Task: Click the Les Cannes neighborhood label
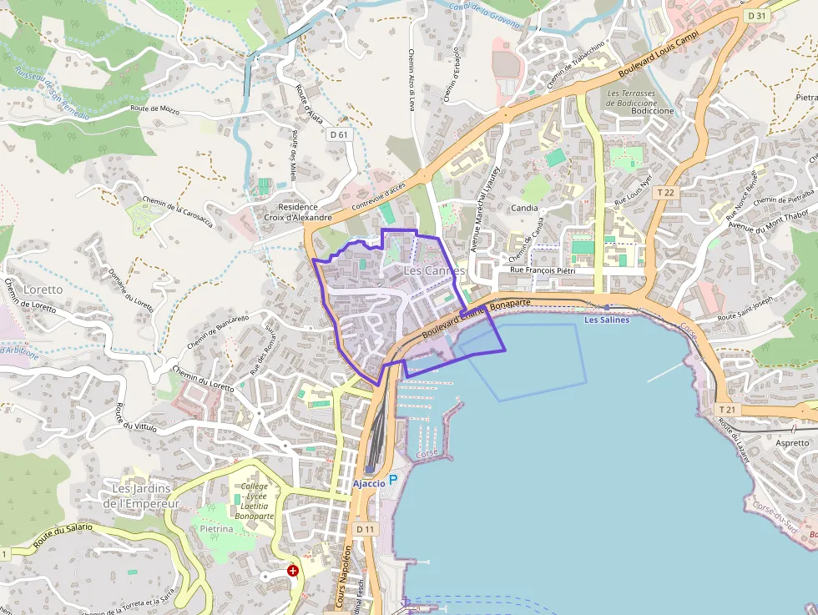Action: coord(434,271)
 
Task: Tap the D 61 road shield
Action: coord(338,134)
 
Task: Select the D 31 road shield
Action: coord(757,15)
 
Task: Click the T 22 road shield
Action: coord(665,192)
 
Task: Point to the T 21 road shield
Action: coord(726,410)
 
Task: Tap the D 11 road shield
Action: coord(366,529)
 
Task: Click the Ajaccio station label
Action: coord(369,484)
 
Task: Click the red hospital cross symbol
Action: coord(293,571)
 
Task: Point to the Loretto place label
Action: coord(43,290)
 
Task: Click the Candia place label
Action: coord(524,208)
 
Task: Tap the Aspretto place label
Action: coord(792,443)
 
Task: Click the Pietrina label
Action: coord(216,529)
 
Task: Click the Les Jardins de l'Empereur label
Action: coord(141,496)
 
